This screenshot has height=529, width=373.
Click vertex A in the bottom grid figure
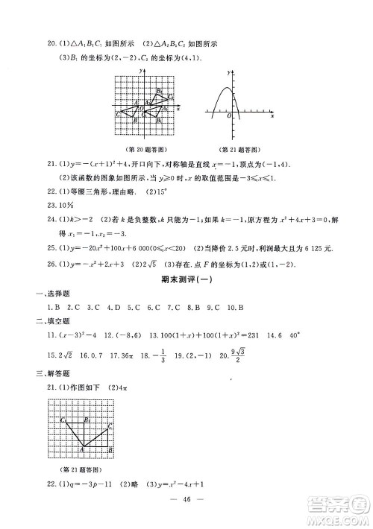point(82,449)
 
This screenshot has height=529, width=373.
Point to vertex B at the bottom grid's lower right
point(111,449)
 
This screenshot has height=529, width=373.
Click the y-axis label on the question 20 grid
point(140,69)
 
